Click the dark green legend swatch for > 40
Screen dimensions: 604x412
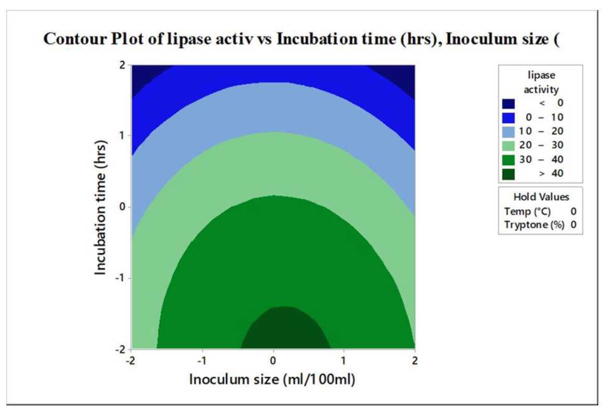(x=508, y=174)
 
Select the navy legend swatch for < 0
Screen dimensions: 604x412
(x=508, y=104)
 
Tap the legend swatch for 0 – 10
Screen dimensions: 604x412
(x=508, y=118)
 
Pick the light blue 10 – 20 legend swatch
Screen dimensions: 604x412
(x=508, y=131)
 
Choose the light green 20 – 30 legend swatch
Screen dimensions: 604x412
(x=508, y=146)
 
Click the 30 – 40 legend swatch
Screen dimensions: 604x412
(x=508, y=159)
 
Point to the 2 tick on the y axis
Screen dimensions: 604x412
(x=122, y=65)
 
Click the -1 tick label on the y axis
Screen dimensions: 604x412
(x=120, y=278)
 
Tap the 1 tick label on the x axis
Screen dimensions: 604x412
(x=344, y=361)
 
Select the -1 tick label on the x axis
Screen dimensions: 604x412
(x=202, y=361)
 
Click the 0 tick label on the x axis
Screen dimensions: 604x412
(x=273, y=361)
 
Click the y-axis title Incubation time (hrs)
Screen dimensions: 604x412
(x=100, y=208)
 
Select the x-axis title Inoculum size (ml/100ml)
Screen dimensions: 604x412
(x=272, y=379)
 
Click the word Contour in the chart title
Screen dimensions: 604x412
(x=74, y=39)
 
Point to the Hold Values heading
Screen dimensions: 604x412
(x=541, y=197)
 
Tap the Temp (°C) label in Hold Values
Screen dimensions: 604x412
(x=527, y=212)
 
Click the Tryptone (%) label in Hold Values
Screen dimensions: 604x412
(x=535, y=225)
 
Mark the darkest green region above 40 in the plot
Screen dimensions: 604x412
(x=285, y=329)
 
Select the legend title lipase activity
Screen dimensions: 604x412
(x=541, y=82)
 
